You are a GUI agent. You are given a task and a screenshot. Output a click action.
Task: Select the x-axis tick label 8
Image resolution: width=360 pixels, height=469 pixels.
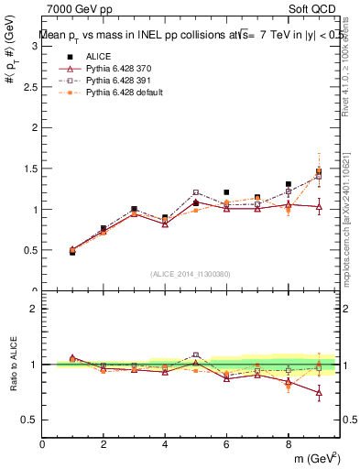(288, 444)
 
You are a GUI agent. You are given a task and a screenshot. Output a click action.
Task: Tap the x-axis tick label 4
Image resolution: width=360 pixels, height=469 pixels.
(165, 444)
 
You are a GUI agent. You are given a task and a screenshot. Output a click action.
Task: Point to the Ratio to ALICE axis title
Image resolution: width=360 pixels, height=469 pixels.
(13, 365)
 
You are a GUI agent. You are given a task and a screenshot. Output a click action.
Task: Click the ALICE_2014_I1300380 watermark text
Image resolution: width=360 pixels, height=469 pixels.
(191, 273)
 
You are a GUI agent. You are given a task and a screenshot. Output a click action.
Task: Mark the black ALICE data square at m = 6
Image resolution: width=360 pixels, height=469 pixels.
(226, 192)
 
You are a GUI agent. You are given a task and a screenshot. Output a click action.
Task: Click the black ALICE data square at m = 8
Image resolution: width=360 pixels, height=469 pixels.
(288, 184)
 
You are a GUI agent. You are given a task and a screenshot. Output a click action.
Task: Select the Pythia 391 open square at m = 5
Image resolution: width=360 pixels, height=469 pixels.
(196, 192)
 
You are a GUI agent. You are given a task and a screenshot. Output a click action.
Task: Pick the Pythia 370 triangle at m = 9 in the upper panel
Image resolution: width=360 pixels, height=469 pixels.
(319, 206)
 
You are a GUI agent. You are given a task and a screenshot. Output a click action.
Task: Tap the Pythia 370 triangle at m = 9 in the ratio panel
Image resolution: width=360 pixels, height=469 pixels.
(319, 393)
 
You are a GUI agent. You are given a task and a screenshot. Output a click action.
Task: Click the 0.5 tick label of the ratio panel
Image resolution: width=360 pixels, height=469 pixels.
(30, 420)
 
